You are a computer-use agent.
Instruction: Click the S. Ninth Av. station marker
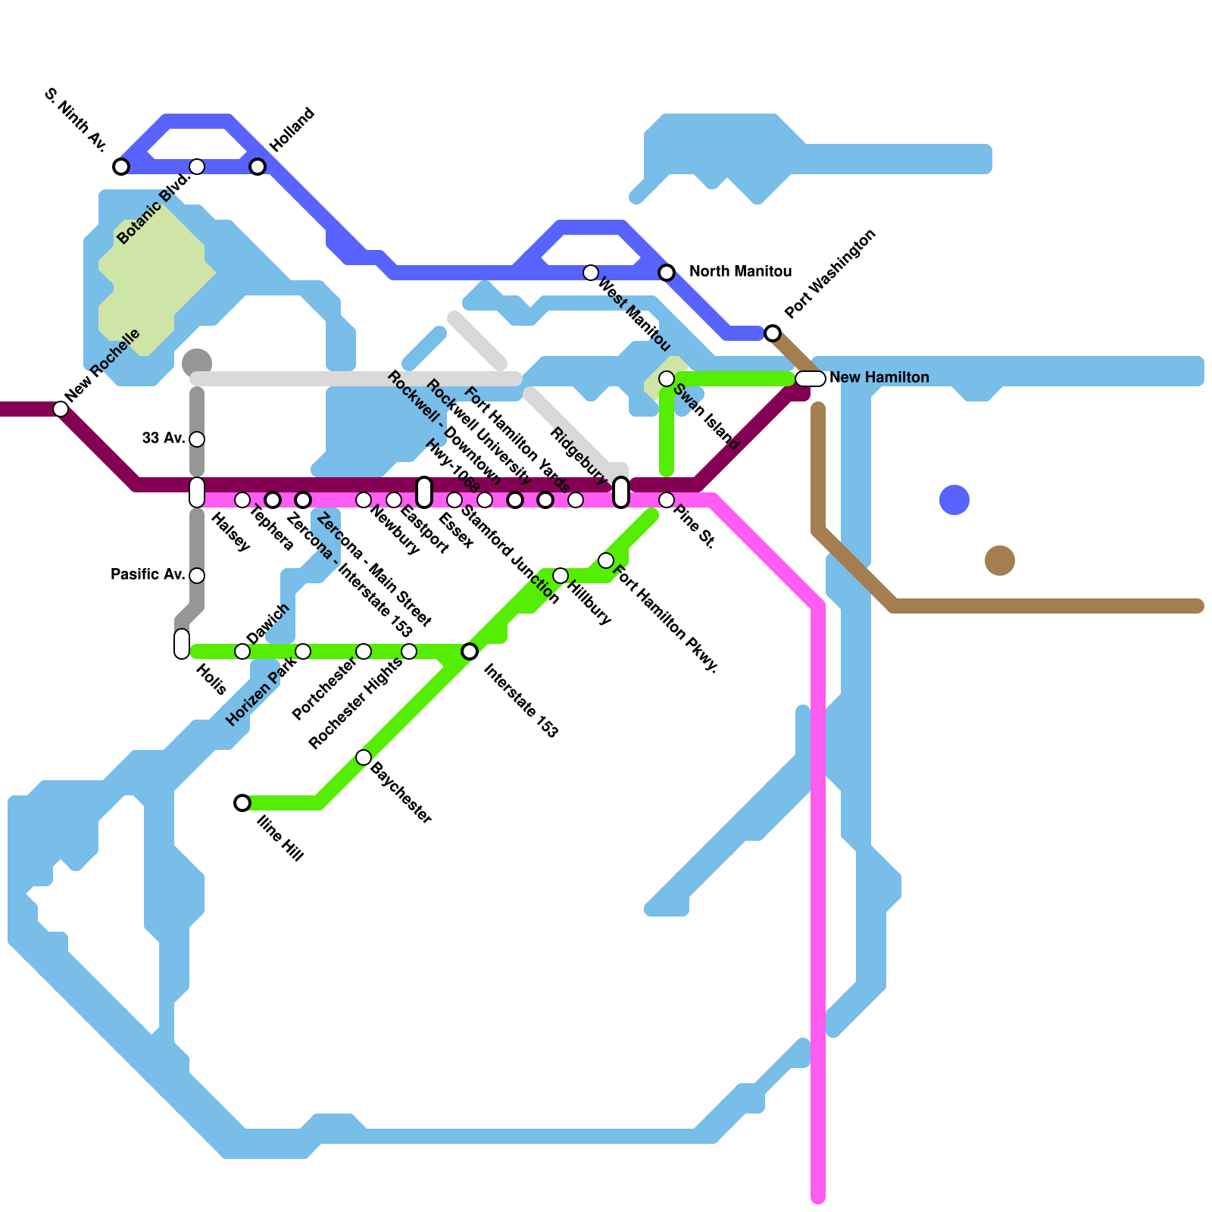(x=121, y=167)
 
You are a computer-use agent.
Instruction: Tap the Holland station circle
(x=258, y=167)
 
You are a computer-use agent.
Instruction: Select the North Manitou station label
(x=740, y=272)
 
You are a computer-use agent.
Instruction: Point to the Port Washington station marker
(x=773, y=333)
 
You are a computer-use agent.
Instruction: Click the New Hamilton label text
(x=879, y=378)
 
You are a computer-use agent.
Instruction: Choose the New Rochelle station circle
(x=61, y=409)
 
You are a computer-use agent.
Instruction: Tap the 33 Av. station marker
(x=197, y=439)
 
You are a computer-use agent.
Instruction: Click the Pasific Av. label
(x=148, y=575)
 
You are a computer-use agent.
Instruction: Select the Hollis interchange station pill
(x=182, y=644)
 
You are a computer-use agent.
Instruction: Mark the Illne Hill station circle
(x=242, y=803)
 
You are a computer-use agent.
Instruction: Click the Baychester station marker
(x=364, y=757)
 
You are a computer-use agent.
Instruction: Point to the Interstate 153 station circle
(x=470, y=651)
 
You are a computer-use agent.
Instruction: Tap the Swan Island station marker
(x=667, y=379)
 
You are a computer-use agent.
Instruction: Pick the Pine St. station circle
(x=667, y=500)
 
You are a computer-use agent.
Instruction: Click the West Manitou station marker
(x=591, y=273)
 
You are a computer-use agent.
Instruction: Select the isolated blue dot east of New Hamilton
(x=954, y=500)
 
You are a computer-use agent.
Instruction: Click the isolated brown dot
(x=1000, y=561)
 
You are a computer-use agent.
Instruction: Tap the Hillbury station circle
(x=561, y=576)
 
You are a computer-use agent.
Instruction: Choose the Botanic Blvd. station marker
(x=197, y=167)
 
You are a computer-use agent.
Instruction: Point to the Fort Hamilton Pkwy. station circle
(x=606, y=561)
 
